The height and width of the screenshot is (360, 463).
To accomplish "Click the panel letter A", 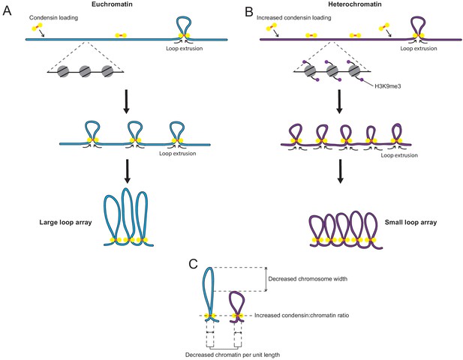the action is (7, 11).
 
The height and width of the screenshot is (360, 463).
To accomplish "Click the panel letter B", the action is (250, 12).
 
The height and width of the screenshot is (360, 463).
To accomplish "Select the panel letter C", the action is (193, 265).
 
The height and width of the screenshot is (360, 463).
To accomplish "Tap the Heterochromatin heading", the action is (355, 4).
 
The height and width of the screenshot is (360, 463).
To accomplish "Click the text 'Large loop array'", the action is (65, 222).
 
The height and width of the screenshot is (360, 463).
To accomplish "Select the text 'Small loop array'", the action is (410, 222).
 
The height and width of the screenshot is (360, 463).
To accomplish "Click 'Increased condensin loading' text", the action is (294, 18).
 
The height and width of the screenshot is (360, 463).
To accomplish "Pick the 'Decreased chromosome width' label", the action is (308, 278).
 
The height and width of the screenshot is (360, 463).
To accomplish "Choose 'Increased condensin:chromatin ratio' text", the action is (302, 316).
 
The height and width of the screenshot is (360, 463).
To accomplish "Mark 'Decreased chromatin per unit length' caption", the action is (233, 355).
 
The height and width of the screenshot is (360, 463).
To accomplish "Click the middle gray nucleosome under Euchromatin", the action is (86, 71).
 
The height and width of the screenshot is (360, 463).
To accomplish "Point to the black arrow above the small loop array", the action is (340, 171).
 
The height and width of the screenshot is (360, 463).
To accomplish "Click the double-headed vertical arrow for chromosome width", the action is (266, 280).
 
